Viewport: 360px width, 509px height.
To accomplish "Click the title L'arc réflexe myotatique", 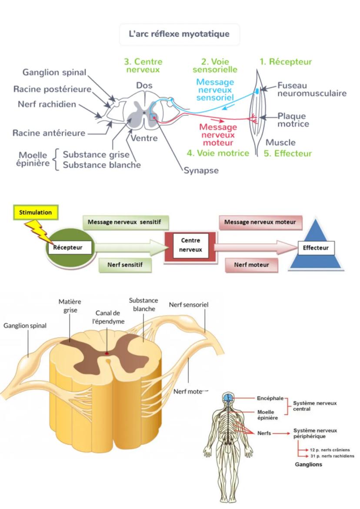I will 179,34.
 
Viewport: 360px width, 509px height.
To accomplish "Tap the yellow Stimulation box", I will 36,213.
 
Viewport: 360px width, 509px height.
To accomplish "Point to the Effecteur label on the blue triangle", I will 316,248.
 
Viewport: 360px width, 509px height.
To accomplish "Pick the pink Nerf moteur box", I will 251,264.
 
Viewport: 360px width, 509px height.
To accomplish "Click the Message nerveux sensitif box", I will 124,222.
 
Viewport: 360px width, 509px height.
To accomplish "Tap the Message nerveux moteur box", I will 260,222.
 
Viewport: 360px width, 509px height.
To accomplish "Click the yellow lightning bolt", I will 38,230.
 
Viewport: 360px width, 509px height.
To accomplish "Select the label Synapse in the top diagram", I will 201,170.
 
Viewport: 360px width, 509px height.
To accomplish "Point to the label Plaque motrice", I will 293,120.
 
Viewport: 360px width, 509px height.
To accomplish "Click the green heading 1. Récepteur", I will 286,62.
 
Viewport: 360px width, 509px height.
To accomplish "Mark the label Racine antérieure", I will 49,133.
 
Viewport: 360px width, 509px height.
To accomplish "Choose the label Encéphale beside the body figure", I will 270,398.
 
